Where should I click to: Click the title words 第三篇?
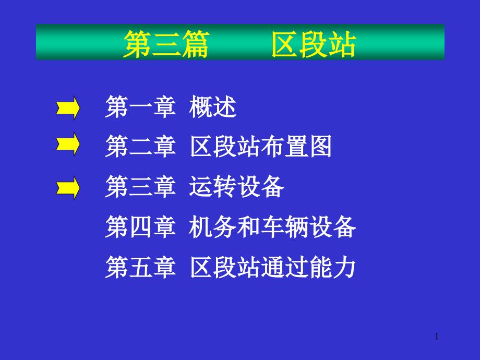(x=165, y=43)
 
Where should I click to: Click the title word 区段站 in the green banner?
(x=314, y=43)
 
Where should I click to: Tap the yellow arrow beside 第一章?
(x=68, y=108)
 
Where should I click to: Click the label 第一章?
(x=140, y=107)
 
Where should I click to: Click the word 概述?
(x=213, y=107)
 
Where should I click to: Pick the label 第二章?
(x=140, y=147)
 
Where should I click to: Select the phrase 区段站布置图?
(x=261, y=147)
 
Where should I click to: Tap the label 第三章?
(x=140, y=187)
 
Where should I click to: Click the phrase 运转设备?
(x=237, y=187)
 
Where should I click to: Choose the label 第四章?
(x=140, y=227)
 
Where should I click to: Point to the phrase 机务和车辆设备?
(x=272, y=227)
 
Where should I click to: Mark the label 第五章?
(x=140, y=268)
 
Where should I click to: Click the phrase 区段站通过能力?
(x=272, y=268)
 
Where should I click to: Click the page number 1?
(x=437, y=338)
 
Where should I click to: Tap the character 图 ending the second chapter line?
(x=320, y=147)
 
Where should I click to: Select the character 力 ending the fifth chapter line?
(x=344, y=268)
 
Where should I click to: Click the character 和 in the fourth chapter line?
(x=249, y=227)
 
